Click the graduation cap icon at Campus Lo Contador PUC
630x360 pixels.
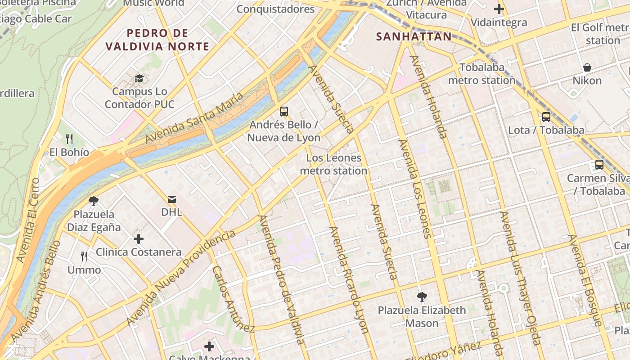coord(139,78)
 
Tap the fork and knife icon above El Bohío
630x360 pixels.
coord(69,139)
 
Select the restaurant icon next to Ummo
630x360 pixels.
coord(84,256)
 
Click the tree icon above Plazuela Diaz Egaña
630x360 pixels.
coord(94,201)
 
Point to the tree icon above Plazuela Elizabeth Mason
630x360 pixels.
coord(422,297)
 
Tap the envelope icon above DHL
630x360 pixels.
coord(172,199)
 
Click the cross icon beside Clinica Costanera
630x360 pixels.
coord(139,238)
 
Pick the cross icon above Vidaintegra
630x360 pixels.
coord(499,9)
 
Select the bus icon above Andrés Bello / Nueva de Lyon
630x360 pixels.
coord(283,111)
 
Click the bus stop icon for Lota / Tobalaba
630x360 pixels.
coord(546,117)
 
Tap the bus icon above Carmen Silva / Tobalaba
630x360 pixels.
coord(599,165)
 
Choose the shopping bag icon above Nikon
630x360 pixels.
coord(587,67)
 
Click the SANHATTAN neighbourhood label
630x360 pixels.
coord(414,36)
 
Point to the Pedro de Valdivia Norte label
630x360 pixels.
coord(157,40)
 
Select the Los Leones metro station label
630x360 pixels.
coord(333,164)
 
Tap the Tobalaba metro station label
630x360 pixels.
coord(481,74)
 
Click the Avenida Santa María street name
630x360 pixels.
coord(194,117)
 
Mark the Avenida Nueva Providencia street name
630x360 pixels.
coord(181,278)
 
